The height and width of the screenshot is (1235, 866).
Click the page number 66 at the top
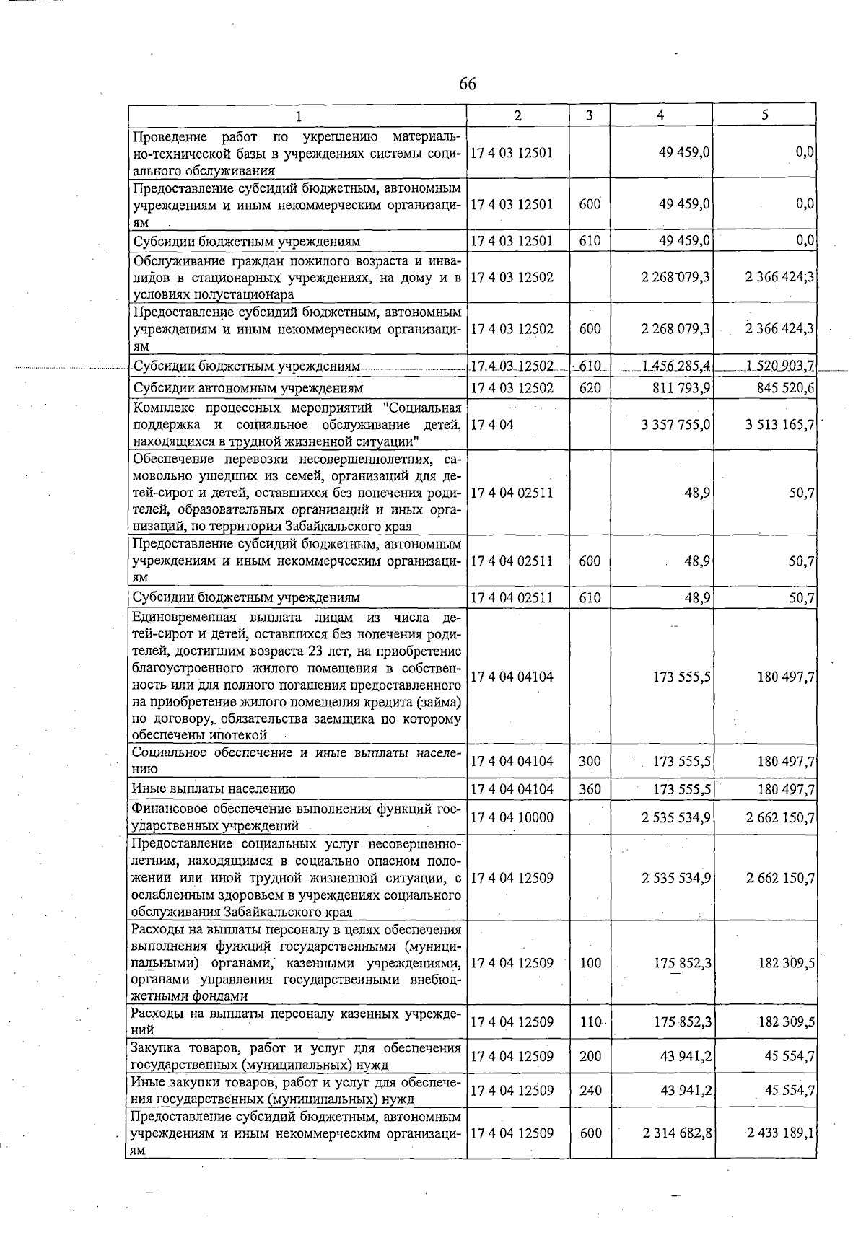[x=467, y=84]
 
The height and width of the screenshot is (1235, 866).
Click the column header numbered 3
[x=590, y=115]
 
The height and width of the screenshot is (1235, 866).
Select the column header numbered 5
[x=764, y=115]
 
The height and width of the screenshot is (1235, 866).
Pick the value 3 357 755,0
[x=675, y=424]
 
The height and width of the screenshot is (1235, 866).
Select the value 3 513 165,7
[x=780, y=424]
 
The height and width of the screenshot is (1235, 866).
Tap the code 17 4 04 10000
[x=512, y=817]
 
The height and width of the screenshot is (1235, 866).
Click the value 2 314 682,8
[x=677, y=1133]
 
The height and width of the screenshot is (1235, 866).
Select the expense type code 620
[x=590, y=388]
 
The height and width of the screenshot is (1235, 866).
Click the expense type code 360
[x=590, y=789]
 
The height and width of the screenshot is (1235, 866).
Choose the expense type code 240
[x=590, y=1091]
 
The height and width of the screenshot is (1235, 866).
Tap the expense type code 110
[x=590, y=1022]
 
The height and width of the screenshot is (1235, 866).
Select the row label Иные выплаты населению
[x=214, y=789]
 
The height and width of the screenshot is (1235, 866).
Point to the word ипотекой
[x=239, y=735]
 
